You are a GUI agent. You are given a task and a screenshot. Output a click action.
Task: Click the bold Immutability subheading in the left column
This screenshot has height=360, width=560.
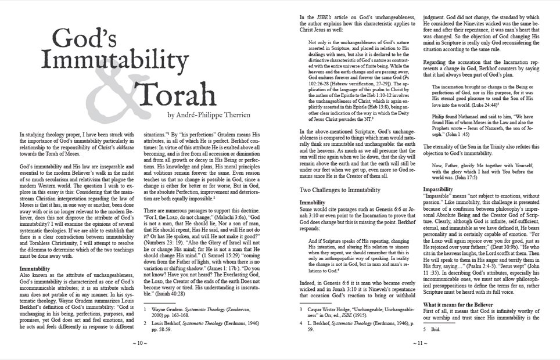pyautogui.click(x=30, y=253)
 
